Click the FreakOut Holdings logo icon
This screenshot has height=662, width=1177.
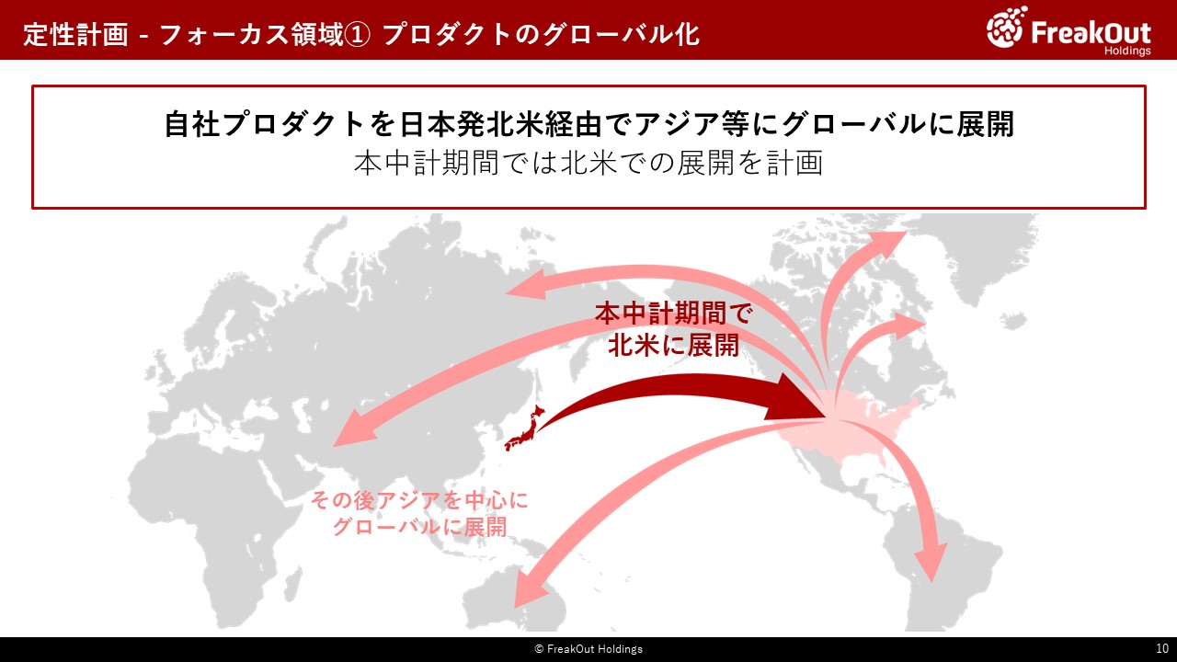1007,27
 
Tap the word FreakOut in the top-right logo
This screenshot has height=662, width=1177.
1091,32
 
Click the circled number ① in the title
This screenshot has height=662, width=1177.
357,35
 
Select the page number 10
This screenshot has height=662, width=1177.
1161,648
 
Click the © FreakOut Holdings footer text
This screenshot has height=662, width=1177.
588,649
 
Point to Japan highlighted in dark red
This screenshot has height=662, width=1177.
524,428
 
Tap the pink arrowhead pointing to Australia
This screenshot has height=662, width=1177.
530,588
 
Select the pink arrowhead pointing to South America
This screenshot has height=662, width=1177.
931,562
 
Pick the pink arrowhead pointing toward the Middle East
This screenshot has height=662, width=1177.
354,428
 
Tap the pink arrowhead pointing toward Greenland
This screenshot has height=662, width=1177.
889,243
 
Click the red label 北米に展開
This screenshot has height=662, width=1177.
674,346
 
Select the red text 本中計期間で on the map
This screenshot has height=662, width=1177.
674,314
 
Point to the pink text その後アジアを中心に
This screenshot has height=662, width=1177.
419,500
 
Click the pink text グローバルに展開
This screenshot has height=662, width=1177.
419,527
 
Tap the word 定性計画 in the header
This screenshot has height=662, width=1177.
75,35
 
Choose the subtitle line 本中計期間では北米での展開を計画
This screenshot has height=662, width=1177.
588,163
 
